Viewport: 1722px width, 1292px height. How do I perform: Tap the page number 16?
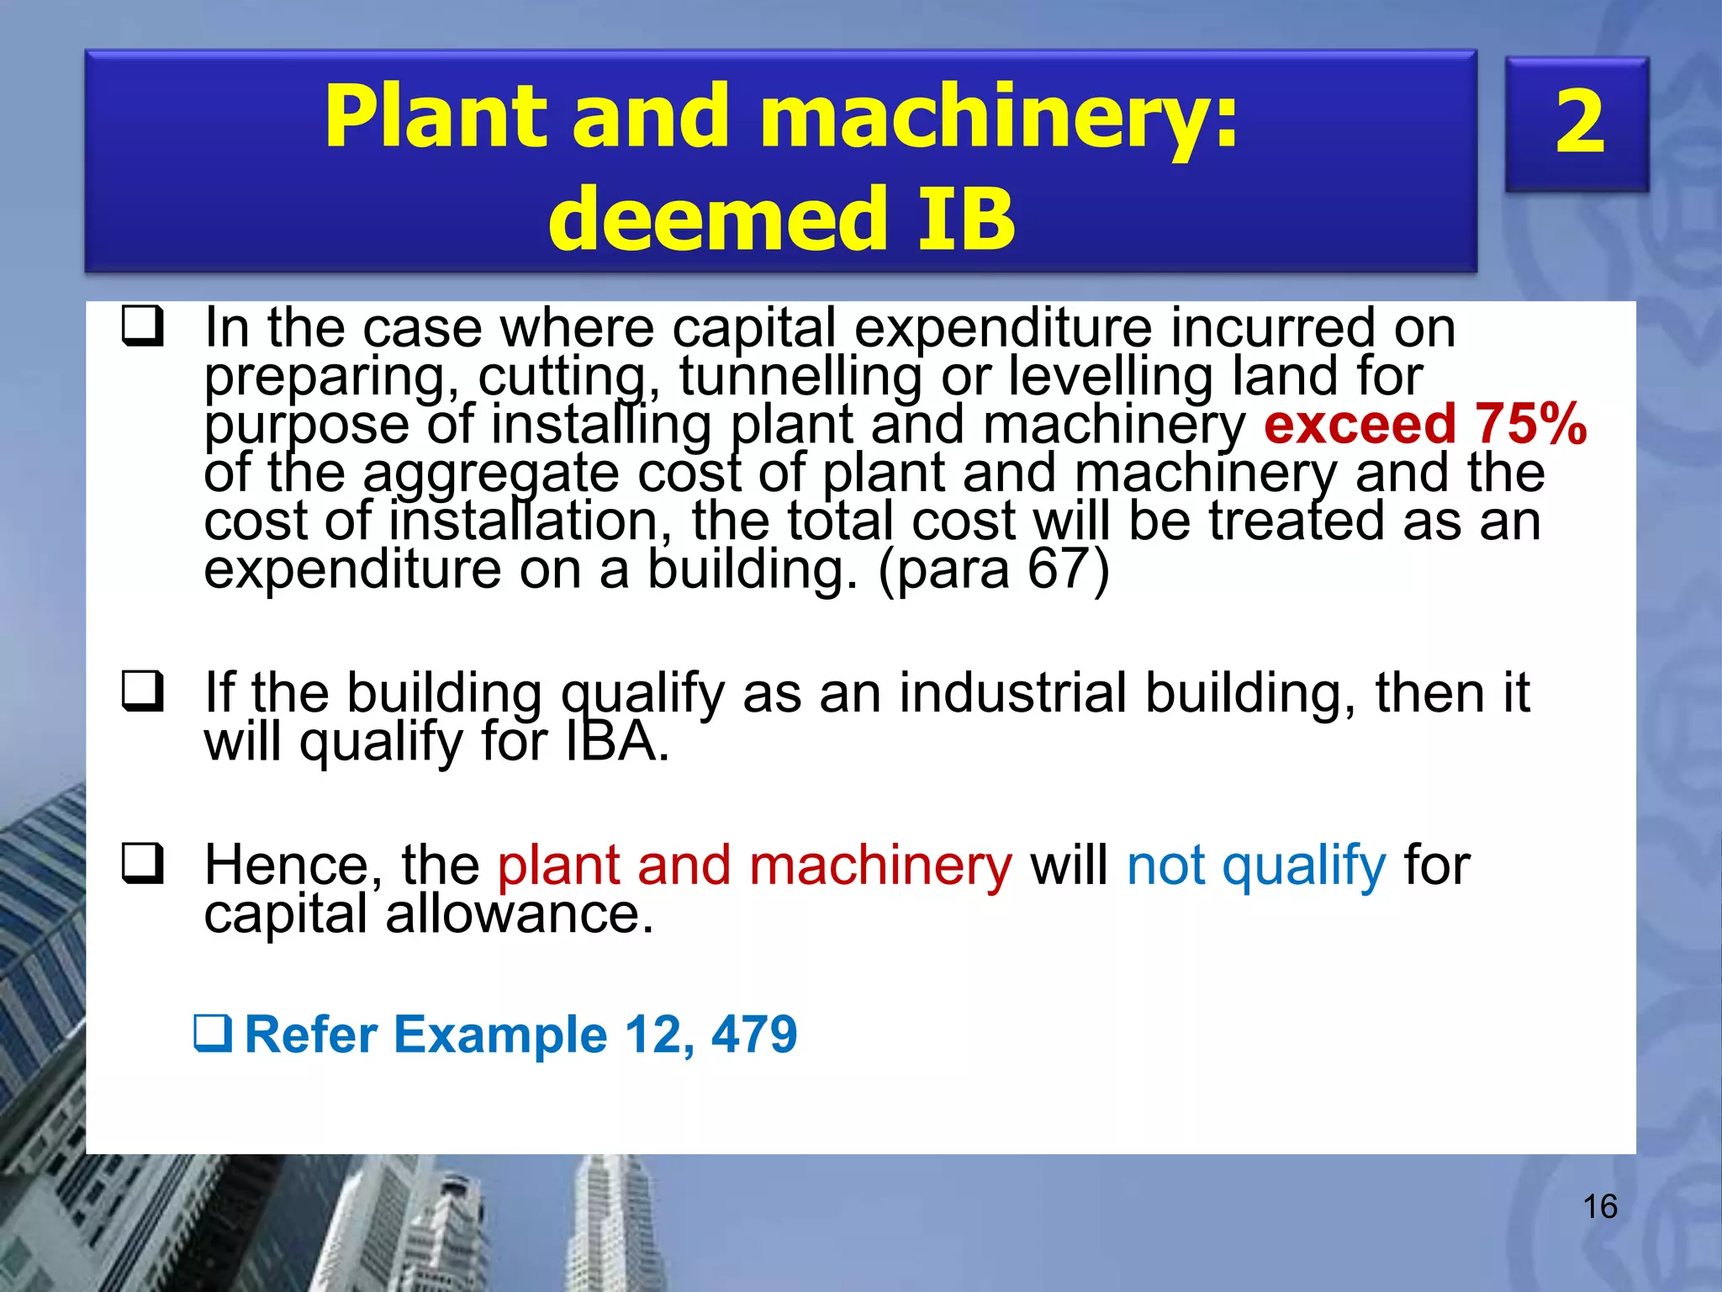point(1599,1207)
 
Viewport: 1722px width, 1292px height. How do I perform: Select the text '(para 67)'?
point(993,569)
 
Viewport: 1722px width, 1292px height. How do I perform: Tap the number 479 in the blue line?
point(754,1034)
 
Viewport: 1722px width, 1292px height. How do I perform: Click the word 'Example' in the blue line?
point(500,1034)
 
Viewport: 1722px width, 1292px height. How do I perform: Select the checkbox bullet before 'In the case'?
point(142,326)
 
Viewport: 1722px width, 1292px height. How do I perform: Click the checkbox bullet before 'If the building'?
point(142,691)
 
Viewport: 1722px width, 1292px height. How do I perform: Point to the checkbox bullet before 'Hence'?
point(142,864)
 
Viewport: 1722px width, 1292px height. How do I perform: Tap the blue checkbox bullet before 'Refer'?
point(213,1034)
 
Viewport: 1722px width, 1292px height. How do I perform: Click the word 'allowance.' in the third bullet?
point(519,913)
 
